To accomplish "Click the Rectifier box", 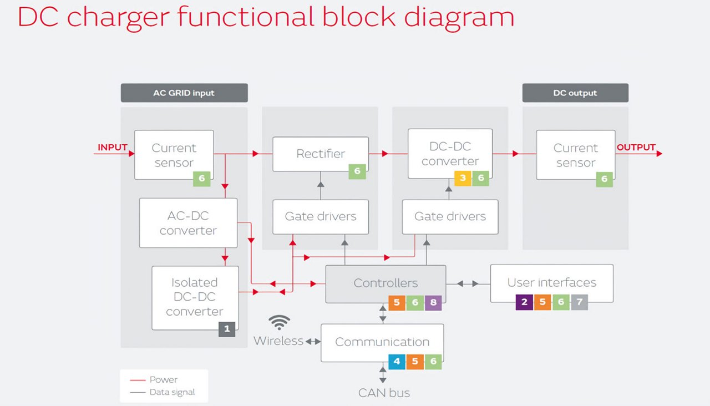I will pyautogui.click(x=320, y=154).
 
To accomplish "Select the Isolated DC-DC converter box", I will pyautogui.click(x=195, y=297).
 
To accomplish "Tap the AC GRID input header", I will pyautogui.click(x=184, y=93).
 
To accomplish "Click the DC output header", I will pyautogui.click(x=575, y=93).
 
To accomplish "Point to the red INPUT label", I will pyautogui.click(x=113, y=148).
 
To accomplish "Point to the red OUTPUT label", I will pyautogui.click(x=636, y=148).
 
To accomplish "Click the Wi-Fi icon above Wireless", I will pyautogui.click(x=280, y=323).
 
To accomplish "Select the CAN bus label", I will pyautogui.click(x=384, y=393).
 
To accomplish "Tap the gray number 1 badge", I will pyautogui.click(x=226, y=329).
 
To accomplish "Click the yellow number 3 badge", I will pyautogui.click(x=463, y=178).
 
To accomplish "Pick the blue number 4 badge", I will pyautogui.click(x=397, y=362).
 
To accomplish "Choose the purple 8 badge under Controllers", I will pyautogui.click(x=433, y=303).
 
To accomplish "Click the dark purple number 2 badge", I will pyautogui.click(x=524, y=302).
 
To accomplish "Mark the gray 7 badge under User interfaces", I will pyautogui.click(x=579, y=302).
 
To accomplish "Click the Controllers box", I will pyautogui.click(x=386, y=283).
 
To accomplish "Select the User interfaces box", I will pyautogui.click(x=551, y=283).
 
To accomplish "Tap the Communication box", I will pyautogui.click(x=382, y=342).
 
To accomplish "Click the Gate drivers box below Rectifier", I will pyautogui.click(x=321, y=217).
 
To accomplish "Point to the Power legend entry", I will pyautogui.click(x=163, y=380).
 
